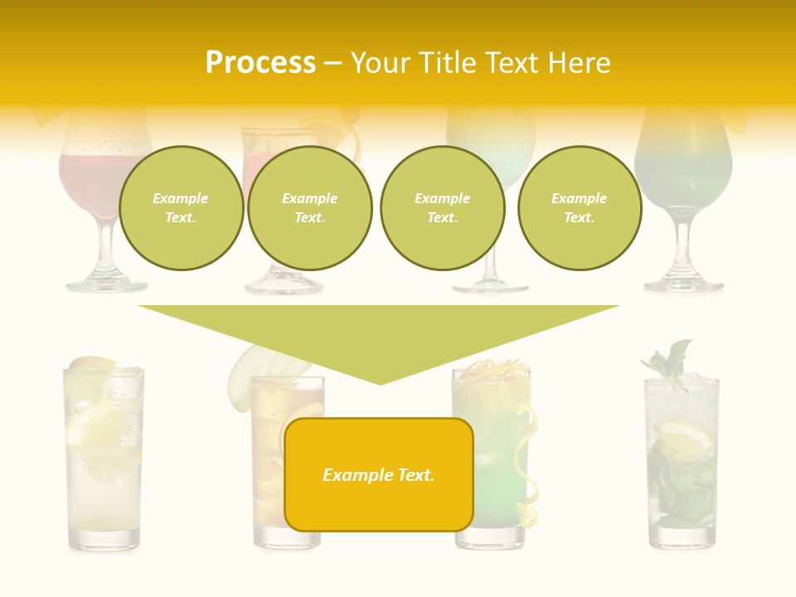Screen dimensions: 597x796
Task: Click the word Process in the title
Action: coord(260,63)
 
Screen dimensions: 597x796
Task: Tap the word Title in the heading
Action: coord(444,63)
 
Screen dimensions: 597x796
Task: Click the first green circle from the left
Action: coord(181,208)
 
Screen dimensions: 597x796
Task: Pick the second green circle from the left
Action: coord(309,208)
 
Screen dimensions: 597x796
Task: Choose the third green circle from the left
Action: coord(442,208)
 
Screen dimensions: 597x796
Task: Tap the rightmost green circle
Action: coord(579,208)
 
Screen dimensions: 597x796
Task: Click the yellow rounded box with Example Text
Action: coord(378,474)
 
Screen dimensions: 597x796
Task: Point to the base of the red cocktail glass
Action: coord(105,284)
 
